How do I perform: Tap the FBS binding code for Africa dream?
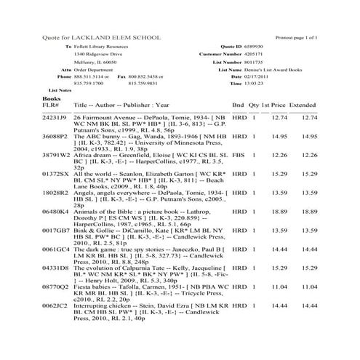238,155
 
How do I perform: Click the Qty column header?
254,105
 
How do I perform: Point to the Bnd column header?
238,105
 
